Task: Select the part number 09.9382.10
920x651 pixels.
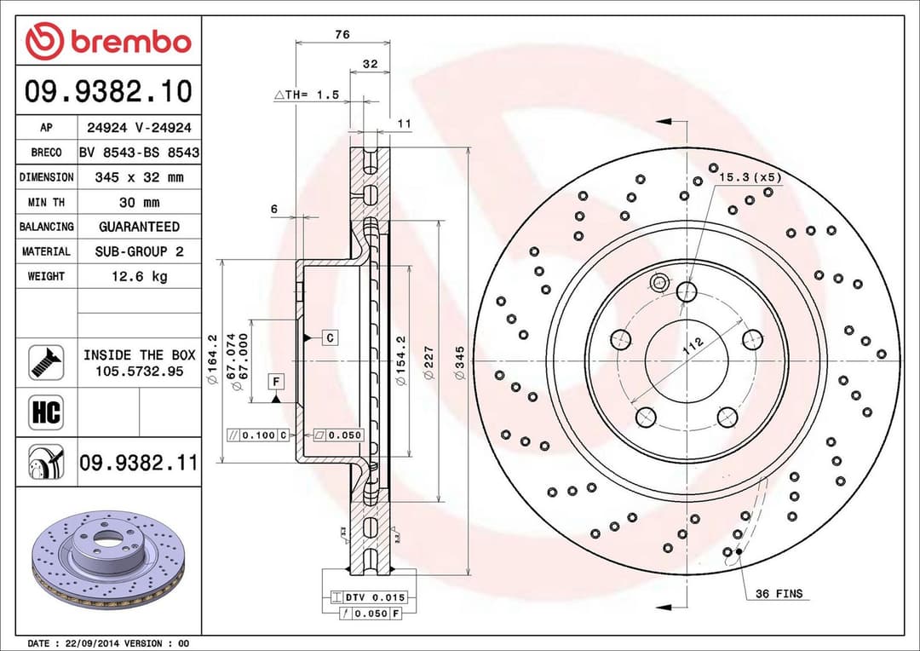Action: point(108,90)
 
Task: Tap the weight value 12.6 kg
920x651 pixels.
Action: point(140,276)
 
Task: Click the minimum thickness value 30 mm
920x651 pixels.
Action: point(140,202)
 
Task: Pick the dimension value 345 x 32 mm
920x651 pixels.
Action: point(140,177)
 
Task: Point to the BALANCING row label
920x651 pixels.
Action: point(46,227)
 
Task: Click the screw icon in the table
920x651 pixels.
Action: point(46,362)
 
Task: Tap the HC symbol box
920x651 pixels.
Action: point(46,412)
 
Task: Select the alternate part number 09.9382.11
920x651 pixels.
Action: point(138,463)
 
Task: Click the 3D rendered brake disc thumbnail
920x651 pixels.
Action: point(108,558)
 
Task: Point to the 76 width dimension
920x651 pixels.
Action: point(342,34)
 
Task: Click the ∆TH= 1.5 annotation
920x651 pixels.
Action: point(307,95)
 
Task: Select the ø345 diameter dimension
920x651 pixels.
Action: point(460,362)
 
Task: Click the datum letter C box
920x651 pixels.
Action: point(331,337)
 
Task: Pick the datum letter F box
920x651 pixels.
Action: point(276,381)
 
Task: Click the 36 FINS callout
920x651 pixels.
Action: point(778,594)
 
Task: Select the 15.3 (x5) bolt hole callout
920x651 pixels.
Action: point(750,177)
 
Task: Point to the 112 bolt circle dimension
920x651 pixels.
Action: point(693,345)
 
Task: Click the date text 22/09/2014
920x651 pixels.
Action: point(89,642)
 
